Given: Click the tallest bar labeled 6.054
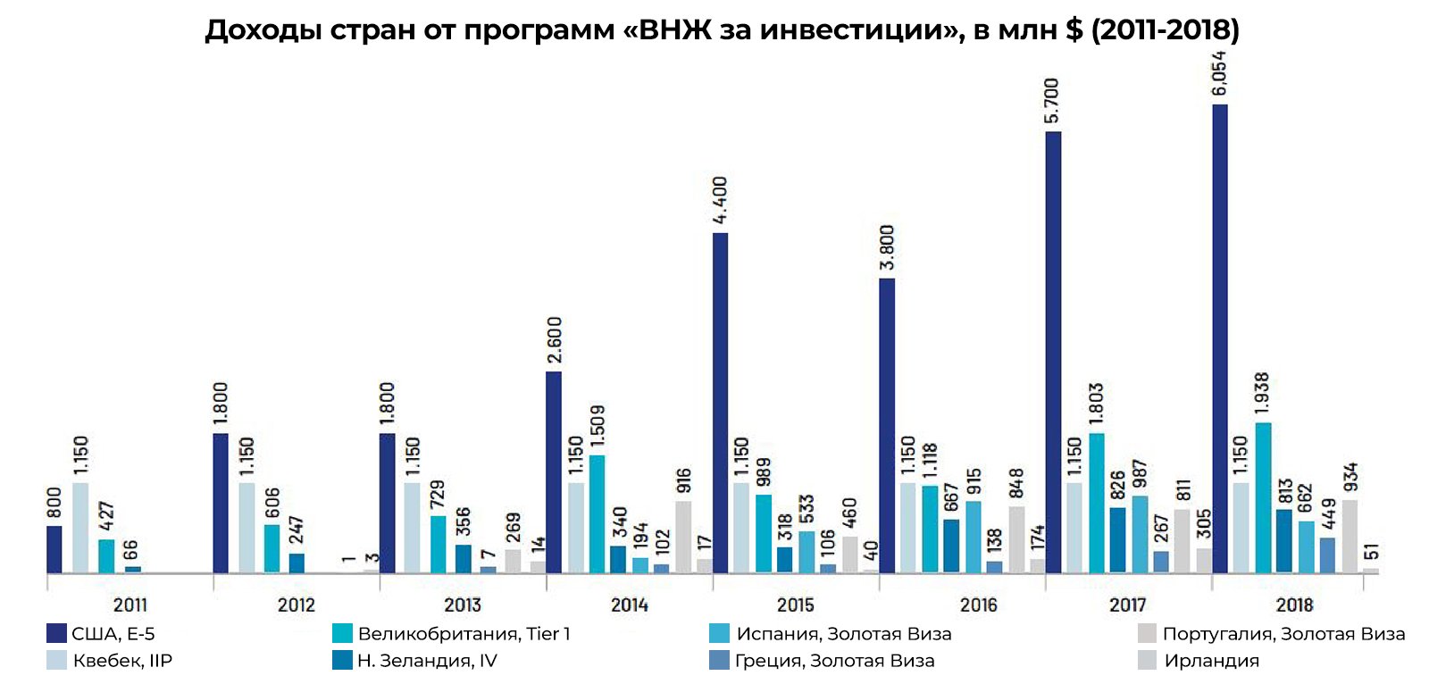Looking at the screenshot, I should coord(1219,339).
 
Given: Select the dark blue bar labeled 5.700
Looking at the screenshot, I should coord(1053,353).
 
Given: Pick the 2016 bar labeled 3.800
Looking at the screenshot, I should coord(887,426).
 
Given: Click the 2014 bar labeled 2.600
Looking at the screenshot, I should coord(554,472).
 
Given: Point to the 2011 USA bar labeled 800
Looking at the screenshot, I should coord(54,549).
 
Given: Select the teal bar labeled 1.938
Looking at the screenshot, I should coord(1263,497).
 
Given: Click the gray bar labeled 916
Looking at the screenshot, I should coord(683,537).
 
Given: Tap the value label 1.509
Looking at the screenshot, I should coord(598,426).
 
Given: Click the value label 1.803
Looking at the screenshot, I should coord(1097,404).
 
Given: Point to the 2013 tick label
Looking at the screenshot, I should coord(463,605).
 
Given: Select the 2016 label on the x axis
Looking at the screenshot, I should coord(979,605).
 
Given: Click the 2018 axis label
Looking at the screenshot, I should coord(1294,605).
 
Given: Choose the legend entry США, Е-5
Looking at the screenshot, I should coord(113,634).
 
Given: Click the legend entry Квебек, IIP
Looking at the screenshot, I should coord(122,661).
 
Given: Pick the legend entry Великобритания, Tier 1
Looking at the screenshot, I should coord(463,634).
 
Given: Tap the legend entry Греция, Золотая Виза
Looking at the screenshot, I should coord(834,661).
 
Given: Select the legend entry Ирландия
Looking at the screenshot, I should coord(1211,661).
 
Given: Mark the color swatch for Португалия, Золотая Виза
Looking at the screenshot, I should coord(1148,634).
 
